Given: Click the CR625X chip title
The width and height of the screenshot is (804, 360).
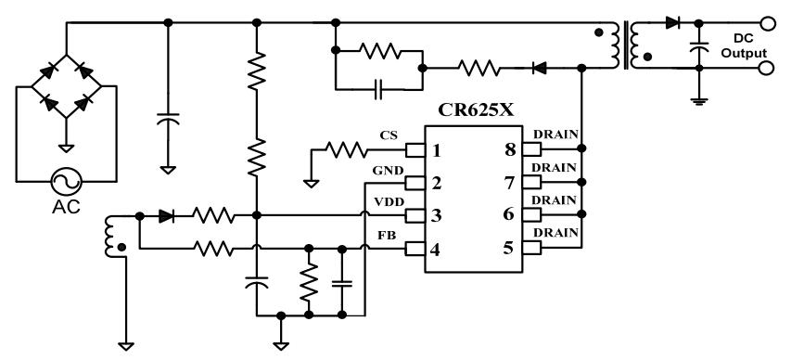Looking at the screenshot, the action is [475, 110].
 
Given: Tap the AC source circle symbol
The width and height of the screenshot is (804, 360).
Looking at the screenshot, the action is [67, 181].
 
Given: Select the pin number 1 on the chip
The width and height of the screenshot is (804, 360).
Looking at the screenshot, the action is [436, 150].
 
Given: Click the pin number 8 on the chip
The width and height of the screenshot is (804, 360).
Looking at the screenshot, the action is [510, 149].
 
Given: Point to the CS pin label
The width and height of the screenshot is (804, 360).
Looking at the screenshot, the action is [389, 135].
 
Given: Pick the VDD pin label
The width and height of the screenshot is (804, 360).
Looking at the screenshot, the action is [389, 201].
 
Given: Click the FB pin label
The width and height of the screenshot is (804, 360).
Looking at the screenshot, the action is [387, 236].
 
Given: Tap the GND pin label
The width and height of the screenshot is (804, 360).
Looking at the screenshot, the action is [388, 170].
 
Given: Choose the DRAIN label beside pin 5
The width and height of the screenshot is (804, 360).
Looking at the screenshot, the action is [555, 232].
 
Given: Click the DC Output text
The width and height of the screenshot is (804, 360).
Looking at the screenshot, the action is [744, 45].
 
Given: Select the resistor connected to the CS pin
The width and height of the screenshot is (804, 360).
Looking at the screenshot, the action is [346, 150].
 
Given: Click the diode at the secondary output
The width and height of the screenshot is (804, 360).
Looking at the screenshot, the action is [672, 22].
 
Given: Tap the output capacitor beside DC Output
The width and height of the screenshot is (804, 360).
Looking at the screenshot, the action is [698, 45].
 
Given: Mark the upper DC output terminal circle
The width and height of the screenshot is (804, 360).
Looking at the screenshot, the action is [767, 23].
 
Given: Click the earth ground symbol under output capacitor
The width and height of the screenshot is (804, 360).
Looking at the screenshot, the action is [698, 101].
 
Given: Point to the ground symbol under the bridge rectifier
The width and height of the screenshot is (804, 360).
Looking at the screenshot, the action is [66, 148].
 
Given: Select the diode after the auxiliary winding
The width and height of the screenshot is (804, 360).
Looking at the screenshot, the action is [166, 216].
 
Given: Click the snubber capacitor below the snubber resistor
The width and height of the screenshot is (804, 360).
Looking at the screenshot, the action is [378, 89].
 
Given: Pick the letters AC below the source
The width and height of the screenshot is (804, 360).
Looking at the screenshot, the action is [66, 207].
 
